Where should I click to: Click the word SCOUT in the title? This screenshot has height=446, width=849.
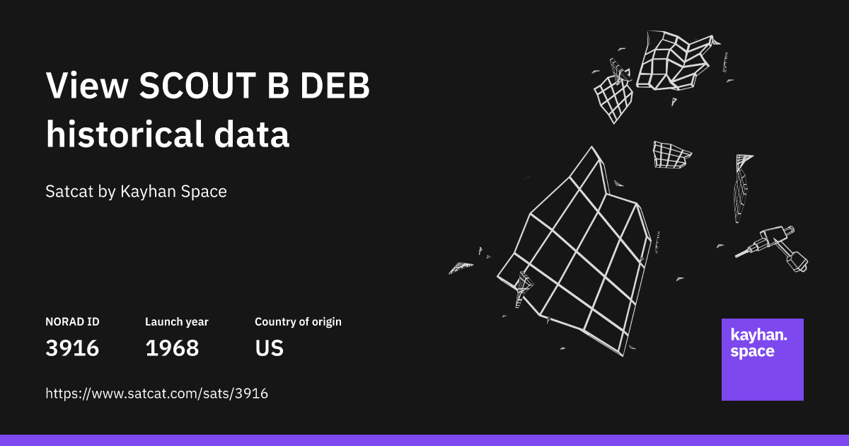198,86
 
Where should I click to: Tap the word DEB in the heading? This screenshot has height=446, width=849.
335,86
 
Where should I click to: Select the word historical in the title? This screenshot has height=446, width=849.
125,134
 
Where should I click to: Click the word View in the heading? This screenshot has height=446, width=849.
87,86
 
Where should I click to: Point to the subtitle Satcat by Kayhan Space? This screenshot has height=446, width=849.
136,192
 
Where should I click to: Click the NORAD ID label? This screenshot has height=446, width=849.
72,322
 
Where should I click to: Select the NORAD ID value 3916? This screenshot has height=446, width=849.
72,348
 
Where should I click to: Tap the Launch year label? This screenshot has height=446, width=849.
177,322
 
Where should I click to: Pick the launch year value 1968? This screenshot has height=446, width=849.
172,348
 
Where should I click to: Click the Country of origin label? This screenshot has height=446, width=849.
298,322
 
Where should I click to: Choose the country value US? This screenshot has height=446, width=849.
269,348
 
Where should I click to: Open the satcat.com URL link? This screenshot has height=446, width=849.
157,394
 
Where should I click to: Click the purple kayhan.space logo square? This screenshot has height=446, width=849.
762,359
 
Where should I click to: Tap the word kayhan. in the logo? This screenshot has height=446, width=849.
758,336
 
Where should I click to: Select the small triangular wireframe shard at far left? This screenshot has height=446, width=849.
461,268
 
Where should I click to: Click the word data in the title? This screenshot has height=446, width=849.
252,134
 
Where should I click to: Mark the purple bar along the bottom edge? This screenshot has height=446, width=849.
424,440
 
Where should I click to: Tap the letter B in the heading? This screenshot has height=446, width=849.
279,86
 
